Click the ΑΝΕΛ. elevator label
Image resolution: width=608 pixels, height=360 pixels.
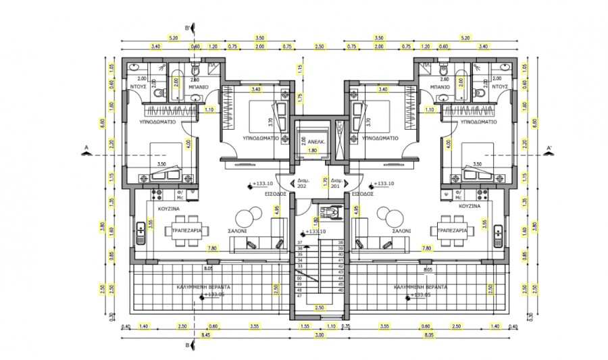[318, 142]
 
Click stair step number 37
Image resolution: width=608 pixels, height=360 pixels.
[299, 242]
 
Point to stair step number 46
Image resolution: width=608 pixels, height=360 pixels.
[340, 290]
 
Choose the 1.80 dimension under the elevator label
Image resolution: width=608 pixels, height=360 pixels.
[313, 151]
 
